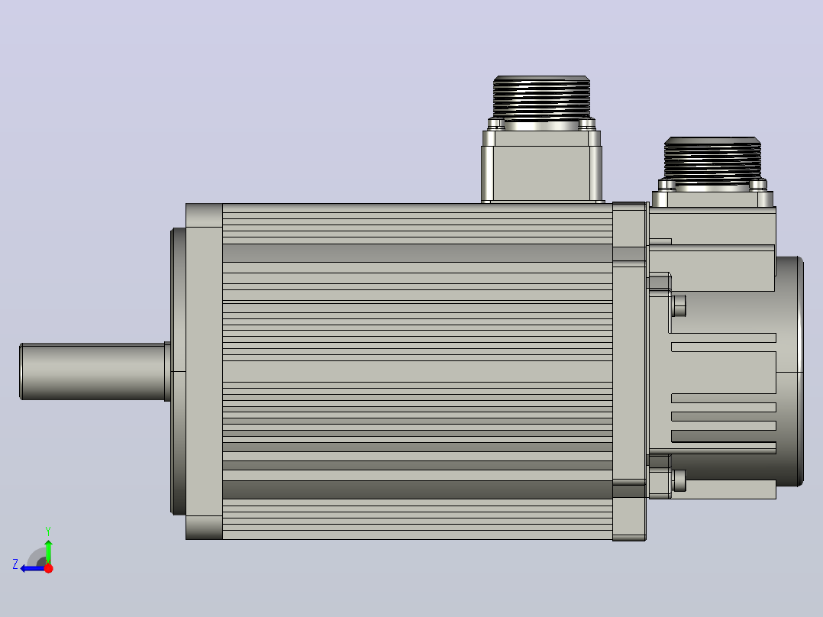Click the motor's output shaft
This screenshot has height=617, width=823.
click(x=93, y=371)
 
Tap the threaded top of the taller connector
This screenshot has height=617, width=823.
click(x=542, y=98)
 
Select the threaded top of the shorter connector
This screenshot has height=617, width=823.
click(x=712, y=158)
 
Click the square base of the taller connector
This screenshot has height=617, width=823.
click(x=542, y=166)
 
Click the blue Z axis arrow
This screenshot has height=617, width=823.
click(x=33, y=568)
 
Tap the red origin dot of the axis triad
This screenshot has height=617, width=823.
click(x=48, y=568)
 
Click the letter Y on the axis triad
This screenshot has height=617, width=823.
click(x=48, y=531)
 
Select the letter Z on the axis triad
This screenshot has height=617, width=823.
click(x=15, y=564)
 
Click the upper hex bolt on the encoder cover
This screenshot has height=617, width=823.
click(x=679, y=305)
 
